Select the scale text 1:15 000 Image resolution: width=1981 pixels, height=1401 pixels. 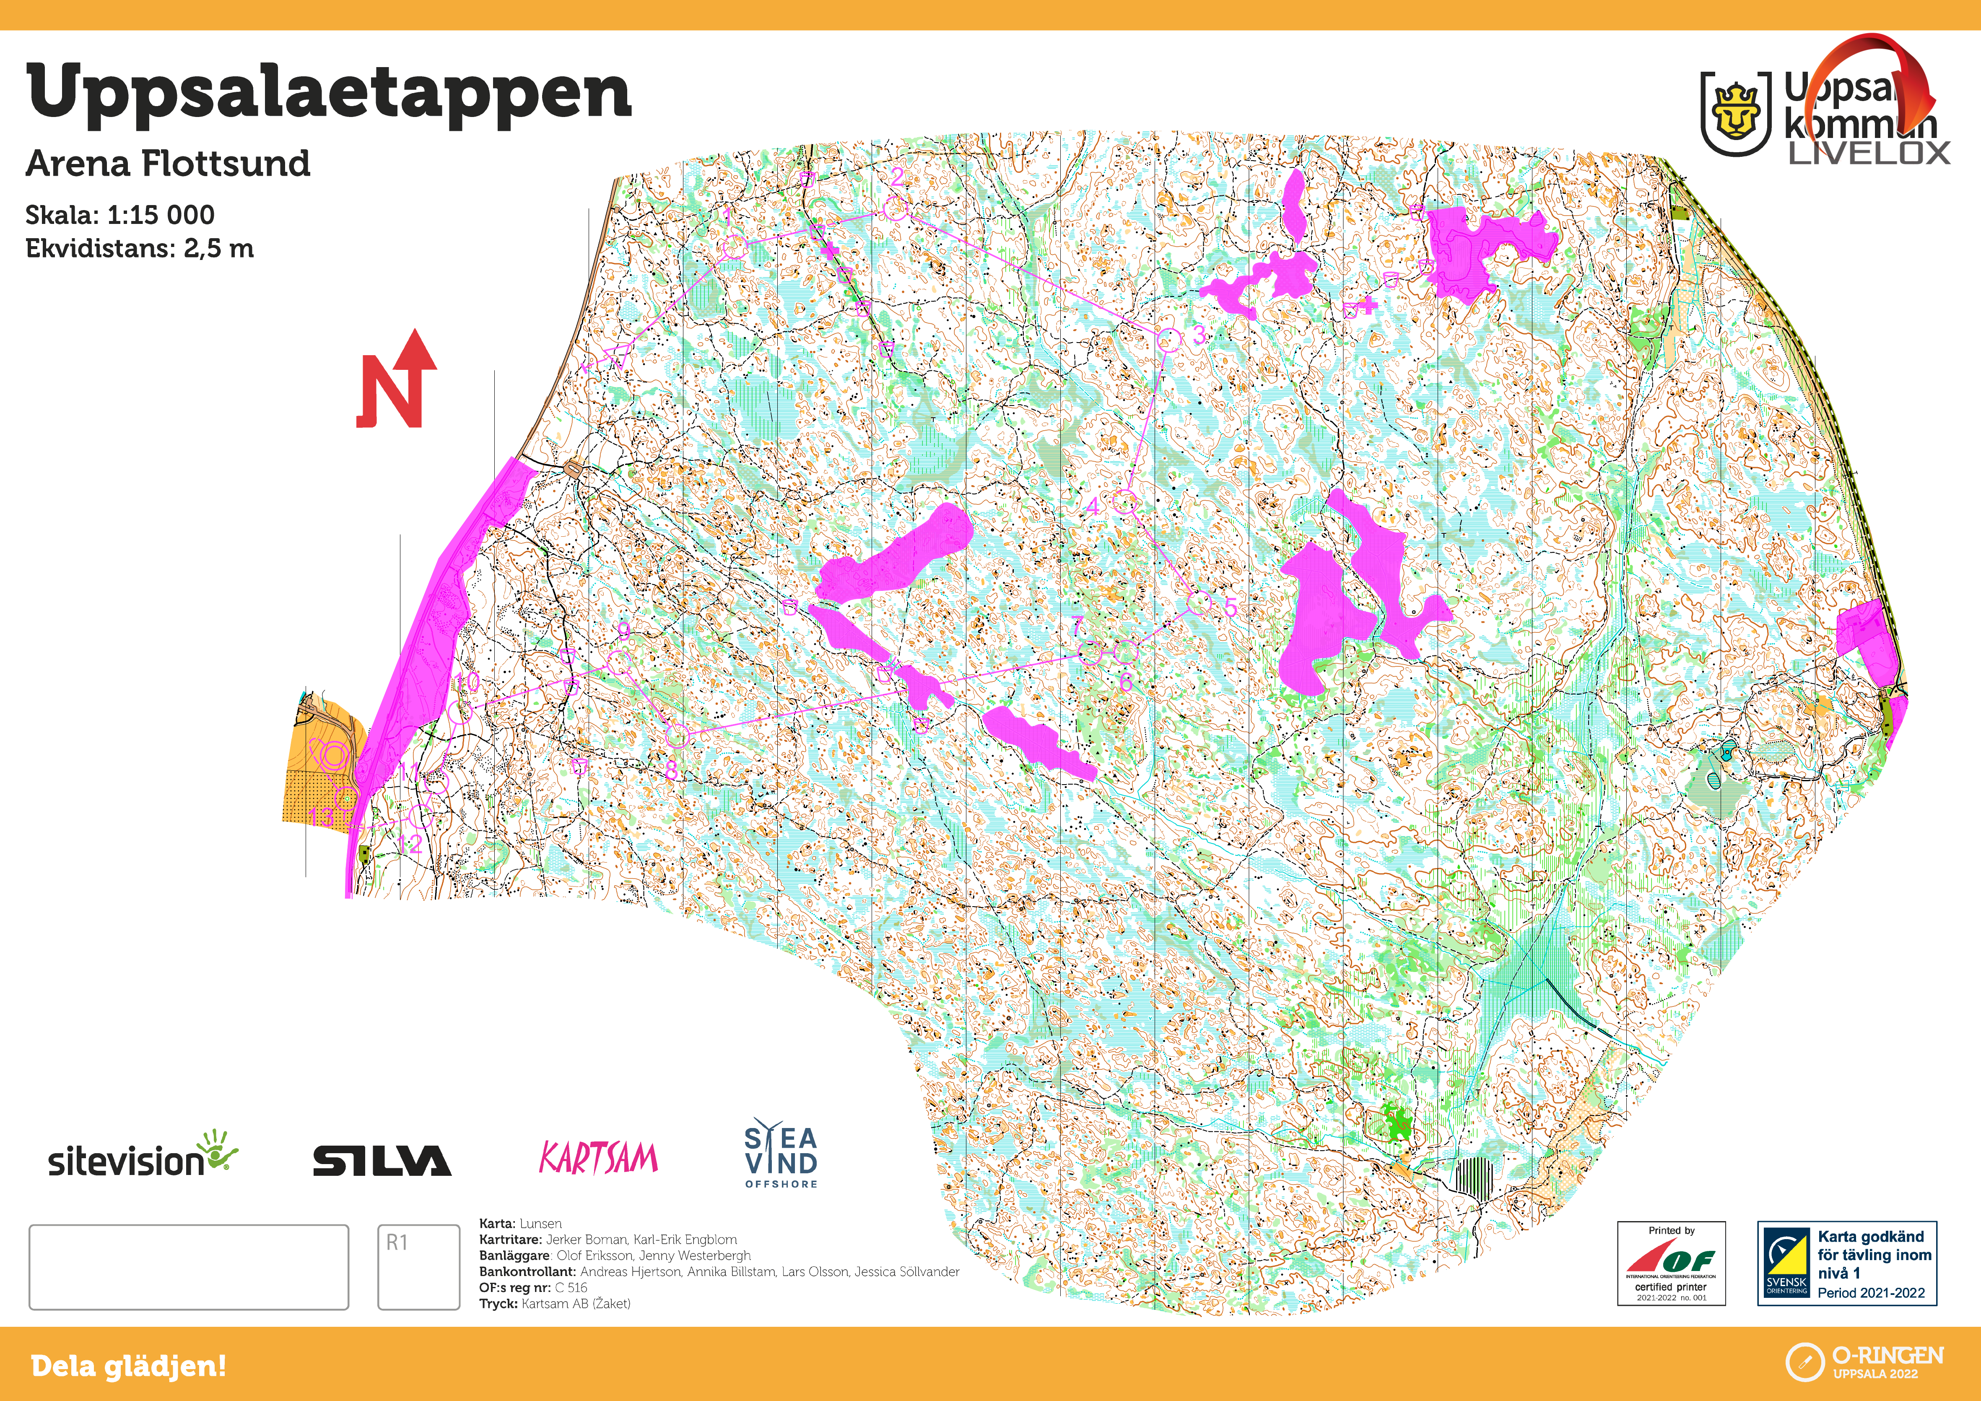(161, 215)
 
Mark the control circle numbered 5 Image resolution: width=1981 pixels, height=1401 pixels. (1200, 603)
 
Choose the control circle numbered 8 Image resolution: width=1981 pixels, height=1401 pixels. (678, 736)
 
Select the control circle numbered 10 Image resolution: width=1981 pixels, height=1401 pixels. (461, 711)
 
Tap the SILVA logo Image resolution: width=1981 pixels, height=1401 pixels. (382, 1161)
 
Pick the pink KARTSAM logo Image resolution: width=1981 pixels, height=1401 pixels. (598, 1159)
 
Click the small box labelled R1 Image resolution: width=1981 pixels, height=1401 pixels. (418, 1266)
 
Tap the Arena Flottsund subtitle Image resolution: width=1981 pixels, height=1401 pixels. (168, 163)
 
